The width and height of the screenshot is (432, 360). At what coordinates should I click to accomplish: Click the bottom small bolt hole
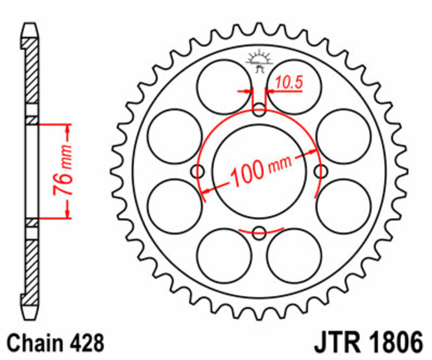(260, 234)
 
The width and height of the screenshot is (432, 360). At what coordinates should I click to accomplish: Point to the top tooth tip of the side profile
(32, 25)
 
